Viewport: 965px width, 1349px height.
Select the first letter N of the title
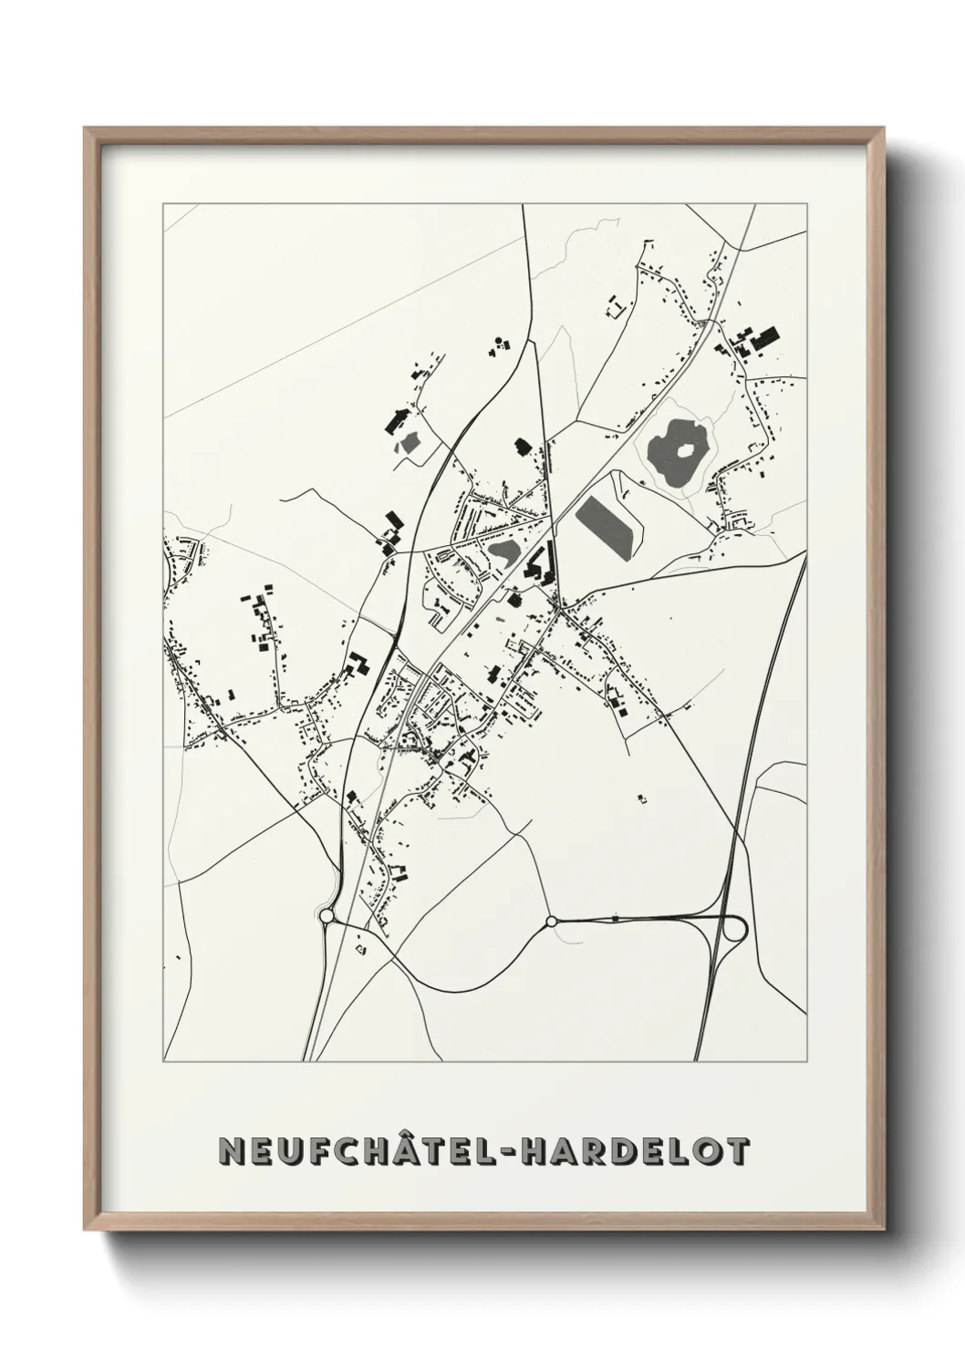(x=229, y=1150)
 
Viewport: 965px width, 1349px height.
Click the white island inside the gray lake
(x=682, y=448)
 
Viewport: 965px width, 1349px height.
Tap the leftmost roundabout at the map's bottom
(x=327, y=915)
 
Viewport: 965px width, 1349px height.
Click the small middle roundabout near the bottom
(x=551, y=922)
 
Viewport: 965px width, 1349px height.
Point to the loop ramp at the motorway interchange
(x=733, y=929)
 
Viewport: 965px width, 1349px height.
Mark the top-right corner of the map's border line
(x=806, y=203)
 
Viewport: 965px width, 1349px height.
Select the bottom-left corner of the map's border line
(x=163, y=1061)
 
